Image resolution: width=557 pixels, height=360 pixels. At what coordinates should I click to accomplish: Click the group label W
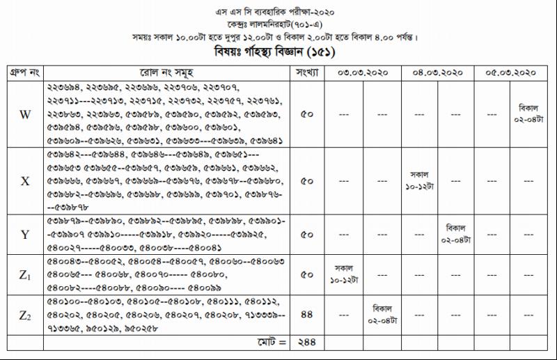pyautogui.click(x=25, y=115)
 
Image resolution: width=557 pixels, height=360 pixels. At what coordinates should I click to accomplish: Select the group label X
pyautogui.click(x=25, y=181)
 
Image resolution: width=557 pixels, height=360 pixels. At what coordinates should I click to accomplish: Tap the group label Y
pyautogui.click(x=25, y=235)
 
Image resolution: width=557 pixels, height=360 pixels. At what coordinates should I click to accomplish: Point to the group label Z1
pyautogui.click(x=25, y=275)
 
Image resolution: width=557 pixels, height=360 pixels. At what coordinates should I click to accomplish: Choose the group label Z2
pyautogui.click(x=25, y=315)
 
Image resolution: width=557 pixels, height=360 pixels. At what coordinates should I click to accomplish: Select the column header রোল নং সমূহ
pyautogui.click(x=166, y=72)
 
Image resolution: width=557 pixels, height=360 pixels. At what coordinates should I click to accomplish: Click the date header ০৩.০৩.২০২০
pyautogui.click(x=363, y=72)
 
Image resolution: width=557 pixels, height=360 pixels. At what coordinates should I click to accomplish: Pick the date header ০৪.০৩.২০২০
pyautogui.click(x=438, y=72)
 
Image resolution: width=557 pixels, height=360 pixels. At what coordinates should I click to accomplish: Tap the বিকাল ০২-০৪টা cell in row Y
pyautogui.click(x=457, y=234)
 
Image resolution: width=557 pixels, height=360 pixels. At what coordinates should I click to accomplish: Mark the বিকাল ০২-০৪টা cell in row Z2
pyautogui.click(x=382, y=315)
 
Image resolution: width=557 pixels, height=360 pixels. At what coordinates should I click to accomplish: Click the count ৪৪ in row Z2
pyautogui.click(x=306, y=315)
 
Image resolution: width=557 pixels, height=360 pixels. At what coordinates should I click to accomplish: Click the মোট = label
pyautogui.click(x=270, y=343)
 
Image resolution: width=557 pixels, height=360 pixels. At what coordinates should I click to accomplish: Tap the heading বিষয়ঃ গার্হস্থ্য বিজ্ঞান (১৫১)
pyautogui.click(x=278, y=52)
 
